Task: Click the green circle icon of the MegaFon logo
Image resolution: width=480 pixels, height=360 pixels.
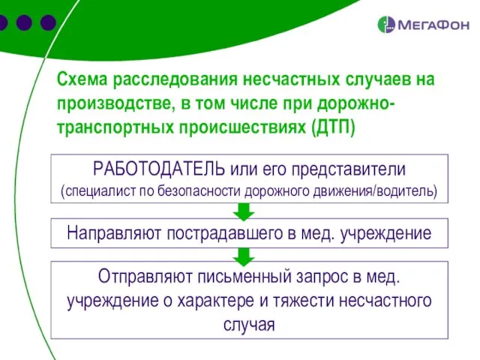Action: point(387,25)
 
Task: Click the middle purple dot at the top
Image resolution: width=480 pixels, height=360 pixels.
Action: point(24,23)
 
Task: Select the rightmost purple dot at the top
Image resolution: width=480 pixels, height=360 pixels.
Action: point(48,23)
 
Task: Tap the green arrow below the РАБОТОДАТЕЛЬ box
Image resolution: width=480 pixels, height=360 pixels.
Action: point(244,209)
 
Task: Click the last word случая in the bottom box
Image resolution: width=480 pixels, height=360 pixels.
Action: point(249,325)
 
